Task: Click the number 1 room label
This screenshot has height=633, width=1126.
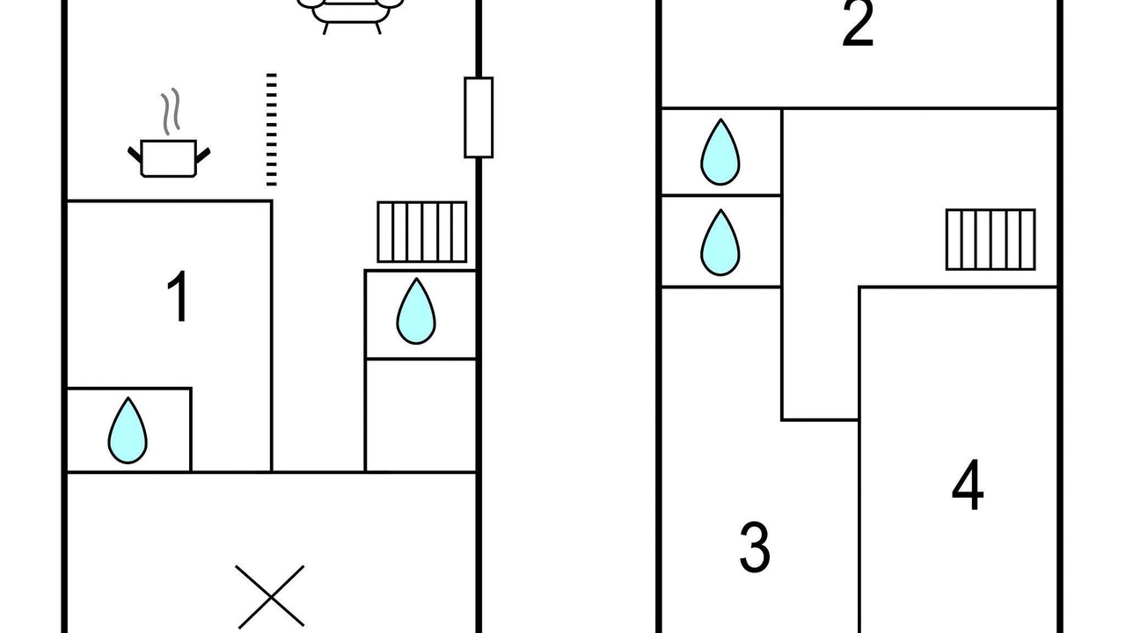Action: (179, 297)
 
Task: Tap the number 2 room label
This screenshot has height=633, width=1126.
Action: (858, 24)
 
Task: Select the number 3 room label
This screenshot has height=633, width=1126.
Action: (755, 547)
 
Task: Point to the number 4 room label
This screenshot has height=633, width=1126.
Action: (968, 486)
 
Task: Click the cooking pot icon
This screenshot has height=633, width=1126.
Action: (169, 157)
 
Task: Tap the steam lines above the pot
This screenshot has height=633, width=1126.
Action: (170, 110)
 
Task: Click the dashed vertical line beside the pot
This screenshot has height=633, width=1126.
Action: (271, 129)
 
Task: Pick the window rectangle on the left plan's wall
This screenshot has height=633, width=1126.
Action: (479, 117)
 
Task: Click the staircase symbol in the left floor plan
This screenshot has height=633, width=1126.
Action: (422, 232)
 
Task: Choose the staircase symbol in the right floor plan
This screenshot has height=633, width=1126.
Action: (991, 239)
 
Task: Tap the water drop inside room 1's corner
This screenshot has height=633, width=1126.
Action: (128, 431)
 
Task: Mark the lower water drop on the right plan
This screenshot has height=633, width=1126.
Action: (720, 242)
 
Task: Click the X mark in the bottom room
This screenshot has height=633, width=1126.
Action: (271, 597)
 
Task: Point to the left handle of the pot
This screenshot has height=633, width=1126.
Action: (135, 156)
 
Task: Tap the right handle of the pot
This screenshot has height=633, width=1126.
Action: (203, 156)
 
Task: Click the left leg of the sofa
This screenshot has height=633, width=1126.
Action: (326, 26)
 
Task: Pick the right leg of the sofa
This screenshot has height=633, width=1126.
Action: (378, 26)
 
